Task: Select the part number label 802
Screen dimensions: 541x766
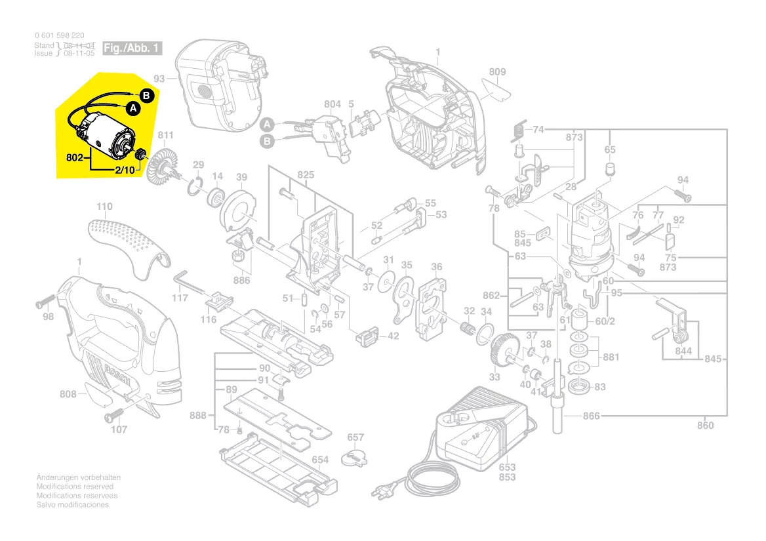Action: (x=75, y=158)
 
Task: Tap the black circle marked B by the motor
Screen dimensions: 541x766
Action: (x=147, y=96)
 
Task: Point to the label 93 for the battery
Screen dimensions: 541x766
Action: (x=159, y=79)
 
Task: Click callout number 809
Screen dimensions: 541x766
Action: (x=497, y=71)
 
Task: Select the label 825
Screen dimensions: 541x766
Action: (x=306, y=175)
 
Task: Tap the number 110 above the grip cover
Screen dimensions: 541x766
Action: (x=104, y=207)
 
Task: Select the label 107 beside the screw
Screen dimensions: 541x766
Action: (x=119, y=430)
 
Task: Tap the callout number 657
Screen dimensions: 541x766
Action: (x=355, y=437)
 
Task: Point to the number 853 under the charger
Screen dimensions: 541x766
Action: (x=507, y=477)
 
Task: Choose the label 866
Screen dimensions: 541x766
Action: (x=592, y=416)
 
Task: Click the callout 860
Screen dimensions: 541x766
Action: (x=705, y=426)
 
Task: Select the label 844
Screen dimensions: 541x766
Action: (x=683, y=351)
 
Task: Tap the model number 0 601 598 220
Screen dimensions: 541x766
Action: (x=59, y=35)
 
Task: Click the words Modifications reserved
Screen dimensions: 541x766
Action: (x=75, y=487)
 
